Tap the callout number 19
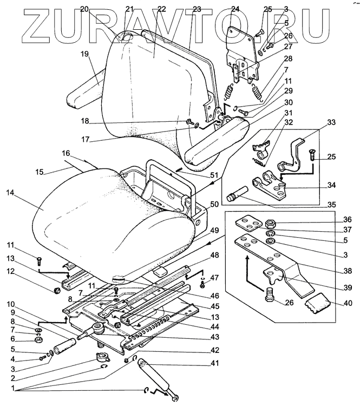(85, 54)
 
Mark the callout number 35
(331, 205)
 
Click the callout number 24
(235, 9)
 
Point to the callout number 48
(215, 255)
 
